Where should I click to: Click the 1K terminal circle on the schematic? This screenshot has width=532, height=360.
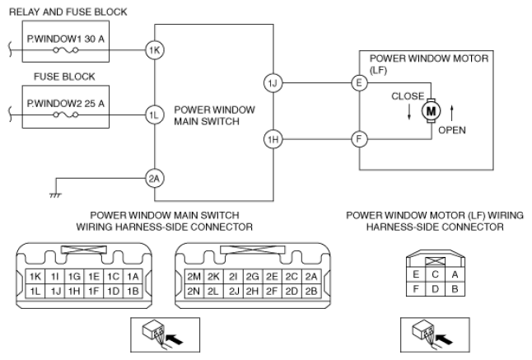pos(154,49)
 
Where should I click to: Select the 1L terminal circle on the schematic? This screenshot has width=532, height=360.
pos(154,115)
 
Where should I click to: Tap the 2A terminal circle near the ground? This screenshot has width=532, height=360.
pos(154,177)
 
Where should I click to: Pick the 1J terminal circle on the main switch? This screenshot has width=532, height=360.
pos(273,83)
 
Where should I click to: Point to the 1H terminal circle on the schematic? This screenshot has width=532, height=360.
pos(273,140)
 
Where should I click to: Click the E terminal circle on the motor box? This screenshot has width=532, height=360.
pos(358,83)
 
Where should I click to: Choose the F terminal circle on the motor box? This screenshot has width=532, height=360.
pos(358,140)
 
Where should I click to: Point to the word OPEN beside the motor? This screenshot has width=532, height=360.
pos(453,130)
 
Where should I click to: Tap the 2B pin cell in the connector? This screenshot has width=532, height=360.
pos(310,292)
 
